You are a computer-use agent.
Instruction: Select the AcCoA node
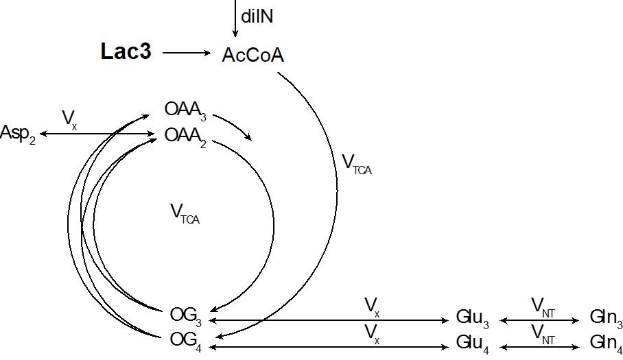(252, 55)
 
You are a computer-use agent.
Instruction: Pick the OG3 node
(186, 315)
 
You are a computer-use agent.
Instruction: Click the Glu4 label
(472, 342)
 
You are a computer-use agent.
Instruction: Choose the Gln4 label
(606, 342)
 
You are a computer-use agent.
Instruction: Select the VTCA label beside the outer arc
(356, 164)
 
